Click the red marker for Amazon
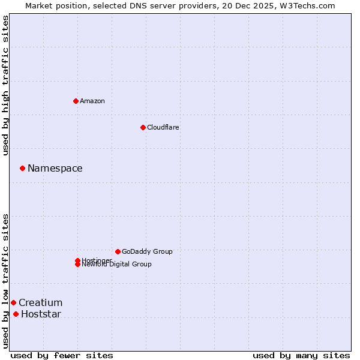click(76, 101)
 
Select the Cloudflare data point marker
click(143, 127)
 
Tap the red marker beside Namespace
click(22, 168)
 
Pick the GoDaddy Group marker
click(118, 251)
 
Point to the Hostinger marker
click(77, 260)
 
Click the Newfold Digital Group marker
click(77, 264)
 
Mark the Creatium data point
click(13, 302)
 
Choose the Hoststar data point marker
click(16, 314)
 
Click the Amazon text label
click(92, 101)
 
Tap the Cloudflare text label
click(163, 127)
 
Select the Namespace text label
click(55, 168)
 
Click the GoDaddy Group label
click(147, 251)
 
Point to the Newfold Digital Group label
click(117, 265)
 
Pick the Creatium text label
click(41, 302)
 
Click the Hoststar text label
click(41, 314)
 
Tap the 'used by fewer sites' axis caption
click(62, 355)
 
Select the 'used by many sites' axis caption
click(301, 355)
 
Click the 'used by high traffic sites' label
click(5, 85)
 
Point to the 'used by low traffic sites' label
click(5, 280)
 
